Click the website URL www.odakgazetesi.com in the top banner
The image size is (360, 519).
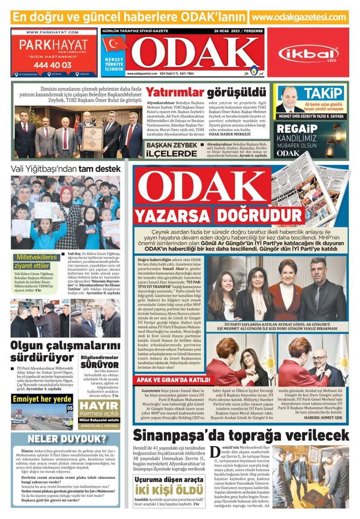click(299, 17)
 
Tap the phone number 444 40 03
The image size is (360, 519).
click(52, 65)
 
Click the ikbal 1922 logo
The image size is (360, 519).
click(308, 54)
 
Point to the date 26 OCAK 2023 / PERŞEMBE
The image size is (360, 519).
click(238, 31)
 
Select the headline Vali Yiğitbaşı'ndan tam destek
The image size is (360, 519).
click(66, 169)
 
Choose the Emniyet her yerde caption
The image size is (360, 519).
click(42, 399)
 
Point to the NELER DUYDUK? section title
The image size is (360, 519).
click(67, 439)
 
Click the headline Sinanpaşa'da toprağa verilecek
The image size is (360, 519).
click(241, 435)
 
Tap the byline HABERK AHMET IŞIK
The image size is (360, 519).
click(323, 417)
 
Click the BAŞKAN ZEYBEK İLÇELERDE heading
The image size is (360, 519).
click(171, 149)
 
